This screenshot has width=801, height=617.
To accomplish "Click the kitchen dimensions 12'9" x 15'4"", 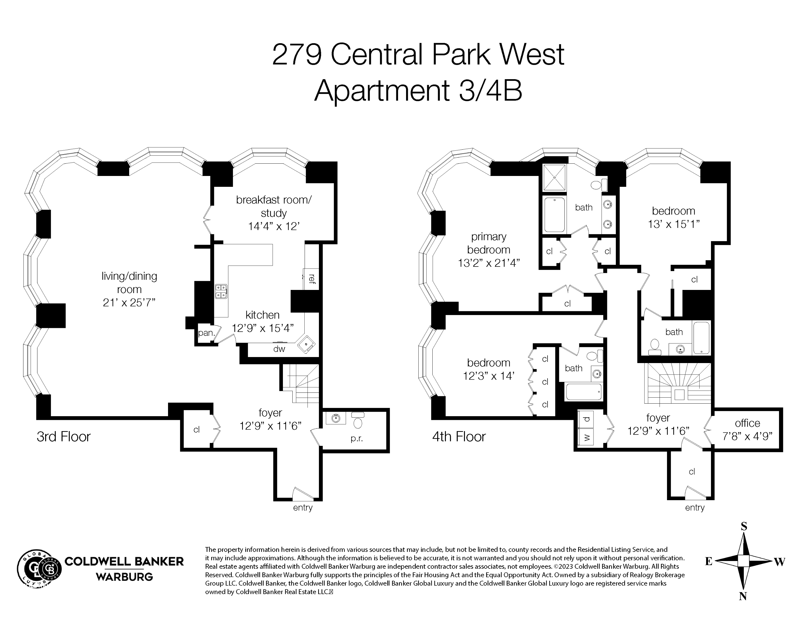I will pos(263,328).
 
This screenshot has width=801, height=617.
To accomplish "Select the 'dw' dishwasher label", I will pos(279,349).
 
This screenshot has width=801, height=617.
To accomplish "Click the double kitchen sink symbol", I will pos(221,291).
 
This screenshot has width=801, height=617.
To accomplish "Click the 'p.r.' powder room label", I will pos(356,438).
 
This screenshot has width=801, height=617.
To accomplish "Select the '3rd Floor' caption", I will pos(63,437).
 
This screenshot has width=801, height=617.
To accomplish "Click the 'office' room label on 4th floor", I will pos(747,423).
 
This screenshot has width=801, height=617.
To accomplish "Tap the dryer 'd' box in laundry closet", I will pos(586,419).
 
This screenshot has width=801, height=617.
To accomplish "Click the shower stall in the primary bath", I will pos(554,177).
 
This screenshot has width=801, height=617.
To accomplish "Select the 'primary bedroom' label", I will pos(489,243).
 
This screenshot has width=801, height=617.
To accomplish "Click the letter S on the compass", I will pos(744,527).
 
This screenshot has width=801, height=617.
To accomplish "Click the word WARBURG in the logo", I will pos(124,577).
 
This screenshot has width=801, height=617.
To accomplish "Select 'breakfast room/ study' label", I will pos(273,207).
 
